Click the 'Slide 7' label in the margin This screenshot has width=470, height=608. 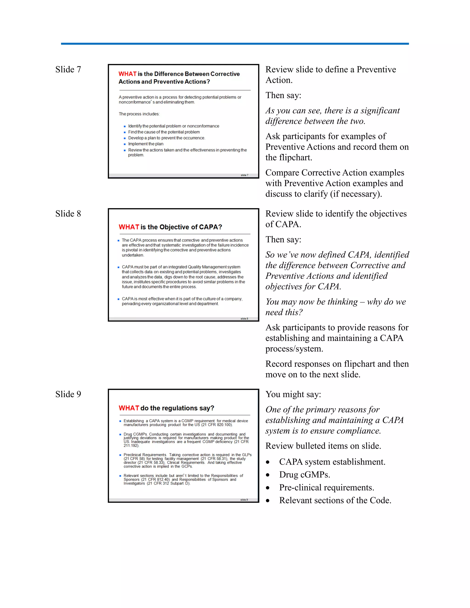tap(68, 70)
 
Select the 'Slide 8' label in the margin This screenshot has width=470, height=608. tap(68, 214)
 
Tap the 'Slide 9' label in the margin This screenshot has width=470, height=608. tap(68, 394)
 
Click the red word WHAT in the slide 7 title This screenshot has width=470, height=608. tap(127, 74)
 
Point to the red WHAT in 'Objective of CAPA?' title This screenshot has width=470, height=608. tap(129, 227)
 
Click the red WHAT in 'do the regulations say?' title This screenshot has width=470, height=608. tap(129, 408)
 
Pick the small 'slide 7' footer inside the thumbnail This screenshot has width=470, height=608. tap(244, 175)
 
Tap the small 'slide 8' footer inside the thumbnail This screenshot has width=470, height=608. tap(244, 319)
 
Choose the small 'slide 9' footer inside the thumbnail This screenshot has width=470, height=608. tap(244, 500)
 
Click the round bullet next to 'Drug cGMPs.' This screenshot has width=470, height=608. tap(268, 475)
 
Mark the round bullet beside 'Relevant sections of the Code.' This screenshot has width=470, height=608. tap(268, 501)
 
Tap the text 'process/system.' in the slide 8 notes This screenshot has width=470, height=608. tap(294, 349)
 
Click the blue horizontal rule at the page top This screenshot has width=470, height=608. tap(235, 44)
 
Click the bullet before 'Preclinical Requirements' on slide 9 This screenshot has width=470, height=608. tap(120, 455)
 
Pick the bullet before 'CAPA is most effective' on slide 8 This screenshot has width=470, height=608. tap(119, 299)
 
